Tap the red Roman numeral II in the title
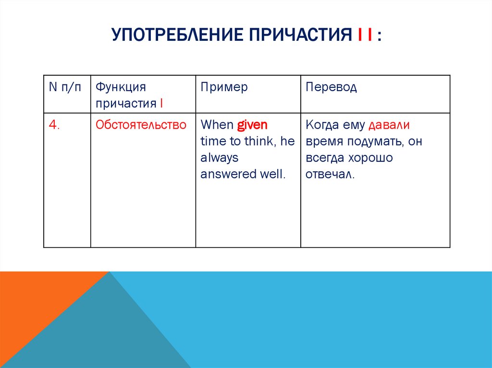365,36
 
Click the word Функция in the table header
120,87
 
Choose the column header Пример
224,87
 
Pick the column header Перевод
331,87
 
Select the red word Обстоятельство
141,125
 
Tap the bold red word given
252,125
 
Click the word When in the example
217,125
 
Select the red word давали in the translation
389,125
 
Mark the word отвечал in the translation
329,174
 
